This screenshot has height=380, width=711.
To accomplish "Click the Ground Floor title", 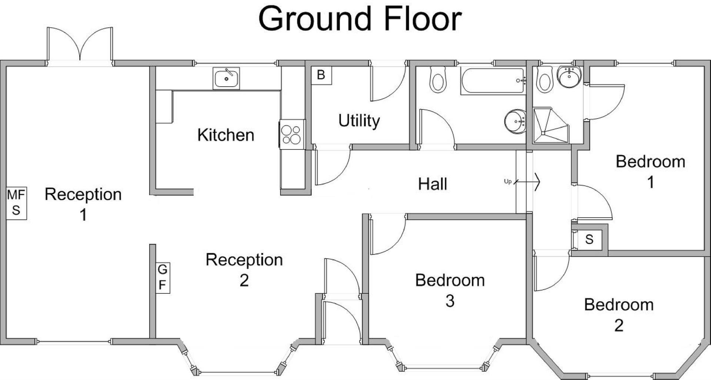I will pyautogui.click(x=360, y=19).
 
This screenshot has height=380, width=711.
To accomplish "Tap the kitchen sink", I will pyautogui.click(x=226, y=78).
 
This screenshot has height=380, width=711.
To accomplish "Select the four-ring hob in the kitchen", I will pyautogui.click(x=291, y=134).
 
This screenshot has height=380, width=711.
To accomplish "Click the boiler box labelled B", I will pyautogui.click(x=321, y=75).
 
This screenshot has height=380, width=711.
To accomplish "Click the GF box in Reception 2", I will pyautogui.click(x=162, y=278).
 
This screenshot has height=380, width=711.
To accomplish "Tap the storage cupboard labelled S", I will pyautogui.click(x=589, y=239).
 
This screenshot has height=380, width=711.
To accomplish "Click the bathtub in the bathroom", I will pyautogui.click(x=493, y=80).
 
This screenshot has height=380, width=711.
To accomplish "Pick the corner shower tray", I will pyautogui.click(x=550, y=126).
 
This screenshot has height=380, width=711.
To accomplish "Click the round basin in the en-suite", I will pyautogui.click(x=569, y=77).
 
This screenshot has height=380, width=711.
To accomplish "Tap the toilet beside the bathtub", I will pyautogui.click(x=438, y=79).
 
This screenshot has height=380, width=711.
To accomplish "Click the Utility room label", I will pyautogui.click(x=359, y=121).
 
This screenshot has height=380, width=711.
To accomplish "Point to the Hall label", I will pyautogui.click(x=433, y=184).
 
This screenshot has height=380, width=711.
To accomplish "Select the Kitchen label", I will pyautogui.click(x=226, y=135).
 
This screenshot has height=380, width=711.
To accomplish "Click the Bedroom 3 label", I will pyautogui.click(x=450, y=290).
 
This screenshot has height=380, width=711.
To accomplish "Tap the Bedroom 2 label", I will pyautogui.click(x=618, y=315).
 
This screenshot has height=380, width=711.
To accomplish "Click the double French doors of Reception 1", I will pyautogui.click(x=80, y=46).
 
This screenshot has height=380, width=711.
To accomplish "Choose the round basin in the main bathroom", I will pyautogui.click(x=515, y=121).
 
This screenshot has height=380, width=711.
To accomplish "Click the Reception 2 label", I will pyautogui.click(x=244, y=270).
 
